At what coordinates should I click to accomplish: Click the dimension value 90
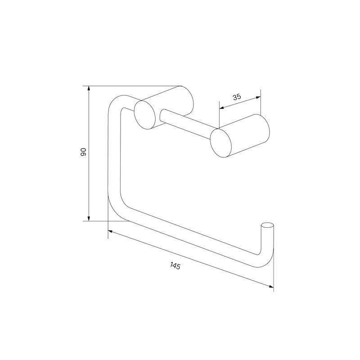(x=83, y=152)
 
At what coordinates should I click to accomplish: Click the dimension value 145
(x=175, y=266)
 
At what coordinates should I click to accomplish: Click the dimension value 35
(x=237, y=97)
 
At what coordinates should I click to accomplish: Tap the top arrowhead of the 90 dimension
(x=89, y=89)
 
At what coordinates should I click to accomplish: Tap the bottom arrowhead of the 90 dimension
(x=89, y=218)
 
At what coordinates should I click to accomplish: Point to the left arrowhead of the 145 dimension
(x=110, y=232)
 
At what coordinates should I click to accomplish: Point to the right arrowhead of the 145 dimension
(x=271, y=286)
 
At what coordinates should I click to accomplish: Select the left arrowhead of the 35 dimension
(x=222, y=108)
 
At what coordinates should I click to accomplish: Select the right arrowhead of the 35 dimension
(x=258, y=98)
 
